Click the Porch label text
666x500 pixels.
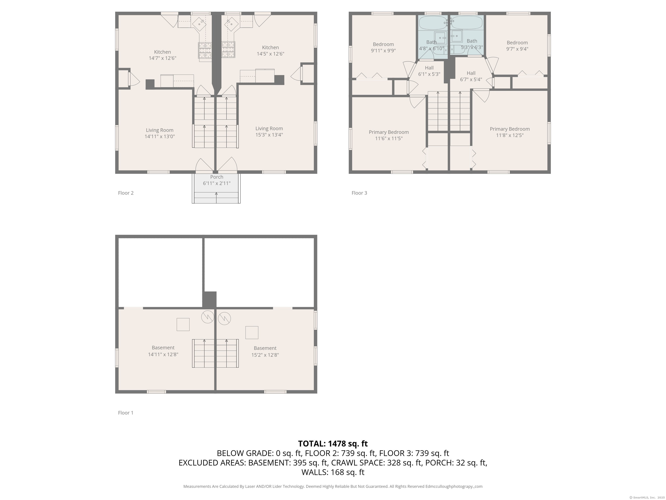point(217,177)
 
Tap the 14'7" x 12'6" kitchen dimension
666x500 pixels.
point(163,58)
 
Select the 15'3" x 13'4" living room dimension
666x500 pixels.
point(269,135)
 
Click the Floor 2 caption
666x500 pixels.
point(126,193)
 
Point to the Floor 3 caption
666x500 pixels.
point(359,193)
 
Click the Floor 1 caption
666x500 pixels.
point(126,413)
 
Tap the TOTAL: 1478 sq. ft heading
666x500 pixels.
point(333,444)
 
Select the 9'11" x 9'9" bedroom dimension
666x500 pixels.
point(383,51)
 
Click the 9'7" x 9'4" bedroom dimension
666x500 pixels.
point(517,49)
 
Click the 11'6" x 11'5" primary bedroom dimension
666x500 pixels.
point(389,138)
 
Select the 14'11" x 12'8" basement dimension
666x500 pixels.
point(163,354)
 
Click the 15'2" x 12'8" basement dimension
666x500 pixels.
point(265,355)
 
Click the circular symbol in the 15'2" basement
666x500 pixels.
point(224,318)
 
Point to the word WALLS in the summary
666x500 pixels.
point(315,472)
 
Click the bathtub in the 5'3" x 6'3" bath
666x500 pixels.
point(467,23)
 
